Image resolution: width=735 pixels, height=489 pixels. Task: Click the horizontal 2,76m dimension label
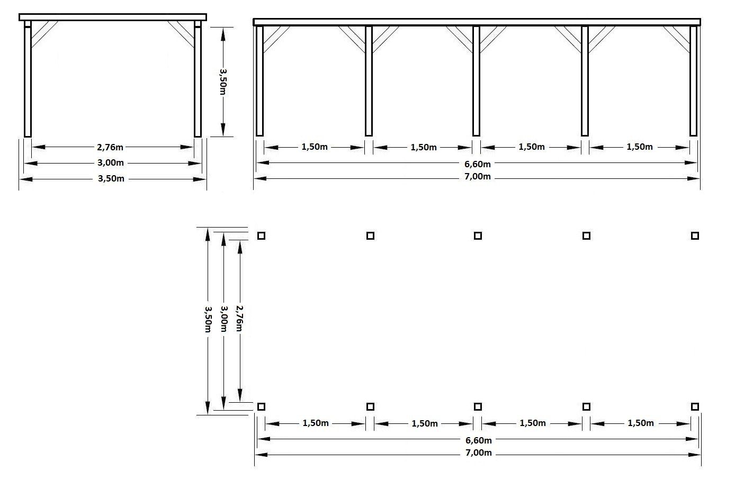(x=110, y=147)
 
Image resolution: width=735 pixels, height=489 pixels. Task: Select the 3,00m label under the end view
(x=111, y=162)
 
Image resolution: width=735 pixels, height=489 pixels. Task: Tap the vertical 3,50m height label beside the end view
(x=223, y=82)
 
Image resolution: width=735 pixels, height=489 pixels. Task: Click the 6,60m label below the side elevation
(x=478, y=164)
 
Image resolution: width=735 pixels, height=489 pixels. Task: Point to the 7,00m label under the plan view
(x=479, y=453)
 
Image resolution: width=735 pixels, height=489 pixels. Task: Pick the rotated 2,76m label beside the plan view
(x=240, y=319)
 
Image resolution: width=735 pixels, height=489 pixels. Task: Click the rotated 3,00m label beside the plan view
(x=224, y=319)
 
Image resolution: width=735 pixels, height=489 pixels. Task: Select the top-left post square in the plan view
(x=261, y=236)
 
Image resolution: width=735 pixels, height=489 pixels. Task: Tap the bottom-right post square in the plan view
(x=695, y=406)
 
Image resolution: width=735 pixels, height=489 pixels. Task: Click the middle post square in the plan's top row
(x=478, y=236)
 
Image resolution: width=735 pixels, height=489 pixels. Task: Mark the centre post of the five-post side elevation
(x=476, y=80)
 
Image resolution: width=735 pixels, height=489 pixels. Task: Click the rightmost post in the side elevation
(x=693, y=80)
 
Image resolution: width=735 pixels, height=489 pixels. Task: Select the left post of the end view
(x=28, y=79)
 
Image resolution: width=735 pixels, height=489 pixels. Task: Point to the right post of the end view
(x=198, y=79)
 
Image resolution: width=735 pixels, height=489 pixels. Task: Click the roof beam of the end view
(x=113, y=17)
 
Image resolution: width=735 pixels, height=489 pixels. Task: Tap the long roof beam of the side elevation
(x=477, y=22)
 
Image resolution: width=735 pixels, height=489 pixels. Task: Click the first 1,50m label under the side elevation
(x=315, y=147)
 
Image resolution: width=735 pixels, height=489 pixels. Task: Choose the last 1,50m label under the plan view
(x=641, y=423)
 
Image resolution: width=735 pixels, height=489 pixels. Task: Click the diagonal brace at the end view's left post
(x=44, y=34)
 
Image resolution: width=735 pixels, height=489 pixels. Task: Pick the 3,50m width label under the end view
(x=111, y=179)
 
